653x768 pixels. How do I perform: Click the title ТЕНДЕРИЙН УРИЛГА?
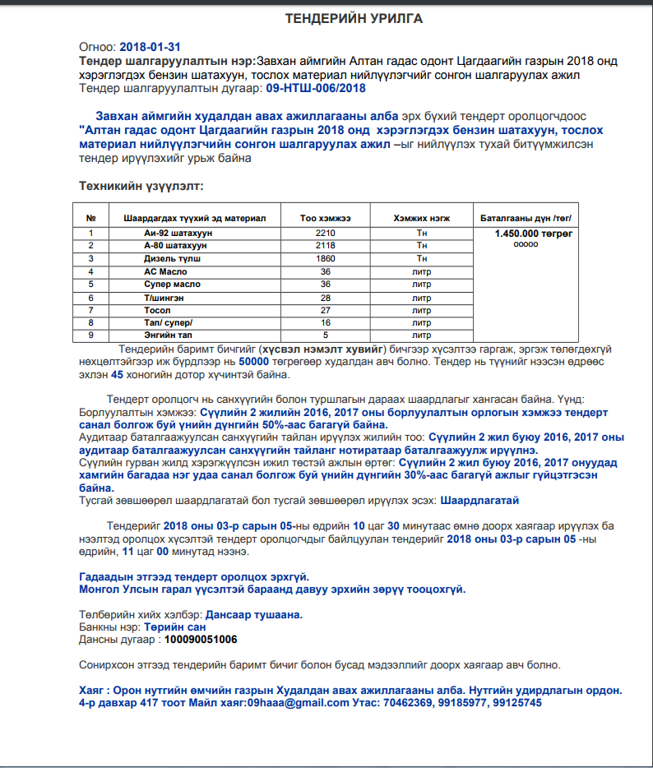[354, 19]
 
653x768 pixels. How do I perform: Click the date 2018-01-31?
[150, 47]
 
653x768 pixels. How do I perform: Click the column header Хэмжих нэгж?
[421, 218]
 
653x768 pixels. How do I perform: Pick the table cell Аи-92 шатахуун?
[178, 234]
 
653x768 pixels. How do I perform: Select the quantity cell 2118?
[326, 246]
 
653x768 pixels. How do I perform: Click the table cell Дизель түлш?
[173, 258]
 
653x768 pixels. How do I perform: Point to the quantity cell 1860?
[326, 258]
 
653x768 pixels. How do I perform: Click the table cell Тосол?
[157, 310]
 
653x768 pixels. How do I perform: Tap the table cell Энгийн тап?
[168, 335]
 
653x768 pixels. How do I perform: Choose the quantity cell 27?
[326, 310]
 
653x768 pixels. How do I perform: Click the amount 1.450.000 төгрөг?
[526, 234]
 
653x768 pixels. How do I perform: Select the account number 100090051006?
[201, 639]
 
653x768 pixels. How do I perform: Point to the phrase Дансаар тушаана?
[254, 614]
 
